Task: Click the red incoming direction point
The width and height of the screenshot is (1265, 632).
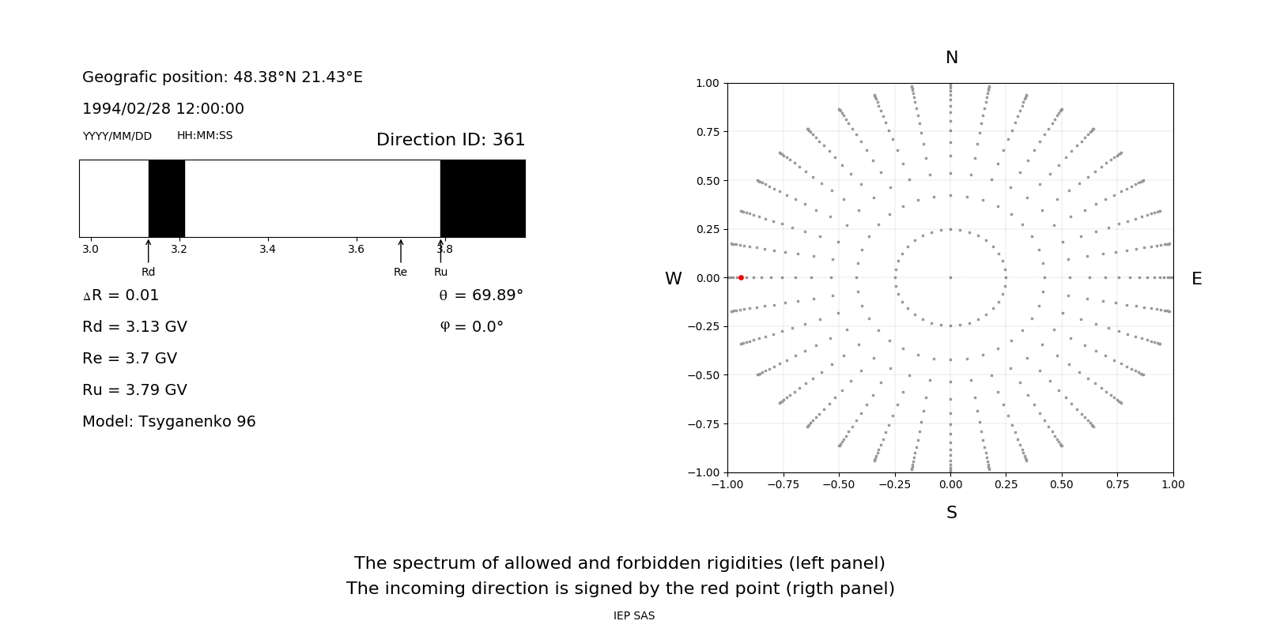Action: tap(741, 277)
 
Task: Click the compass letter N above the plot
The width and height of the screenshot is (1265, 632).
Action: tap(951, 58)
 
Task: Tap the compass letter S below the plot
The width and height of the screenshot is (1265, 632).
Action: tap(951, 513)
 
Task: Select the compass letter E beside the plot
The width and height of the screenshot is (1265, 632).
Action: tap(1196, 279)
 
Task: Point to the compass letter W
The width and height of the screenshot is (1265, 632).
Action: tap(673, 279)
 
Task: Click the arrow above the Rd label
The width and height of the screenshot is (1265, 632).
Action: tap(149, 250)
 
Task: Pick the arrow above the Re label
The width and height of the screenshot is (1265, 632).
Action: tap(401, 250)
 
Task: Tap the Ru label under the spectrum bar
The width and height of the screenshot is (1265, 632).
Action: tap(440, 272)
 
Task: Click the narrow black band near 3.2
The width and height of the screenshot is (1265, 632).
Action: tap(167, 198)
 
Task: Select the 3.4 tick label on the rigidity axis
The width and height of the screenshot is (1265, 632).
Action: tap(267, 250)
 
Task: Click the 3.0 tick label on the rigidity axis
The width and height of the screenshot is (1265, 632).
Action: tap(90, 250)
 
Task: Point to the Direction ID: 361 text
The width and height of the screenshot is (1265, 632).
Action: tap(451, 140)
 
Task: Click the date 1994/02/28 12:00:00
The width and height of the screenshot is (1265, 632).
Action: tap(163, 109)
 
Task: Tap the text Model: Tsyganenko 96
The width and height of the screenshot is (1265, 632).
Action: tap(169, 422)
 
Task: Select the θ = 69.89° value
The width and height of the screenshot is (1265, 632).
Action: tap(481, 295)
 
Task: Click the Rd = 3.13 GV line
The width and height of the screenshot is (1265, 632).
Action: tap(134, 327)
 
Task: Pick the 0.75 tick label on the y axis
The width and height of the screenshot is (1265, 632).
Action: tap(707, 132)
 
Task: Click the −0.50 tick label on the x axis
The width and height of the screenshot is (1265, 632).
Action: tap(838, 484)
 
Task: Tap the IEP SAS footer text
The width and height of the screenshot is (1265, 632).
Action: tap(634, 616)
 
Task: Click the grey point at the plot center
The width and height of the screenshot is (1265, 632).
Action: tap(950, 277)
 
